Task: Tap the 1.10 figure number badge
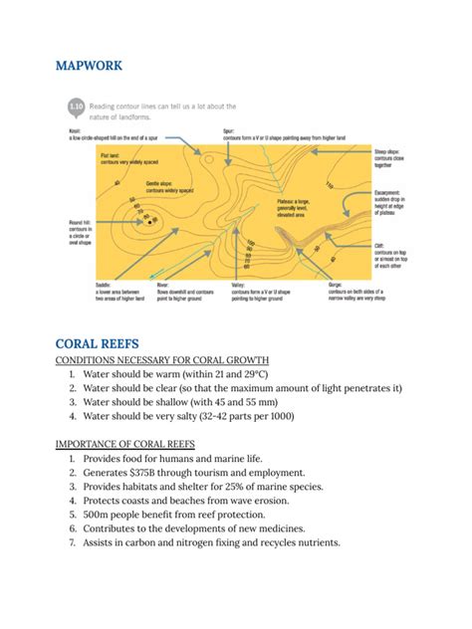click(x=75, y=104)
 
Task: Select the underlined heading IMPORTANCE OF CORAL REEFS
click(x=140, y=444)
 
